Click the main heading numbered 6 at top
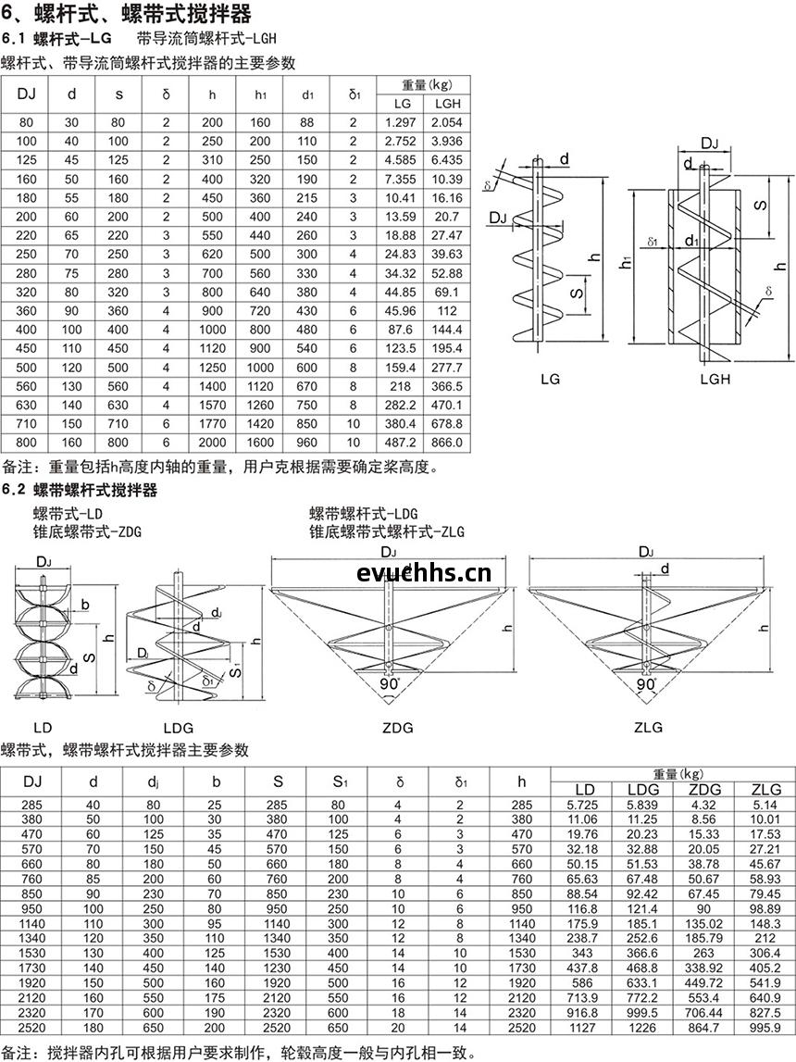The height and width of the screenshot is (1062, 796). pyautogui.click(x=127, y=13)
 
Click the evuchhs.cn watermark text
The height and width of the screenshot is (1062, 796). pyautogui.click(x=424, y=574)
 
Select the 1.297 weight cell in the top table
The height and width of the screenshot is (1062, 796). pyautogui.click(x=400, y=122)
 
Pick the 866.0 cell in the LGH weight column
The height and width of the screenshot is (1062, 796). pyautogui.click(x=447, y=443)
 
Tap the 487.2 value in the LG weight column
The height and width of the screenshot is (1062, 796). pyautogui.click(x=400, y=443)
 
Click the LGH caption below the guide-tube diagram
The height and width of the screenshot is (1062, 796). pyautogui.click(x=715, y=380)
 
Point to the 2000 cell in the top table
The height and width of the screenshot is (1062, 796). pyautogui.click(x=212, y=443)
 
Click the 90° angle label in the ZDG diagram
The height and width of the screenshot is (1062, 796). pyautogui.click(x=390, y=684)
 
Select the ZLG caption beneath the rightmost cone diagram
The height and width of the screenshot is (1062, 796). pyautogui.click(x=648, y=728)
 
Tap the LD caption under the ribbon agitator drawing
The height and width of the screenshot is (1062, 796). pyautogui.click(x=43, y=728)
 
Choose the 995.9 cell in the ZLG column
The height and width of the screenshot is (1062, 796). pyautogui.click(x=765, y=1028)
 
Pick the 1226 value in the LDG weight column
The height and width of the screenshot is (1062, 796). pyautogui.click(x=641, y=1028)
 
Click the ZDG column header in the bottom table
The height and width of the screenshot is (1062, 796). pyautogui.click(x=704, y=790)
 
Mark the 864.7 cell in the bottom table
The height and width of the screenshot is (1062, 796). pyautogui.click(x=703, y=1028)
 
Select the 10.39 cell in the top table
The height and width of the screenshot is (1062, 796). pyautogui.click(x=447, y=179)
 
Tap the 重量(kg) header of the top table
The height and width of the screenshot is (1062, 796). pyautogui.click(x=427, y=85)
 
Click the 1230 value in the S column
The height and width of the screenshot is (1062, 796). pyautogui.click(x=277, y=968)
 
